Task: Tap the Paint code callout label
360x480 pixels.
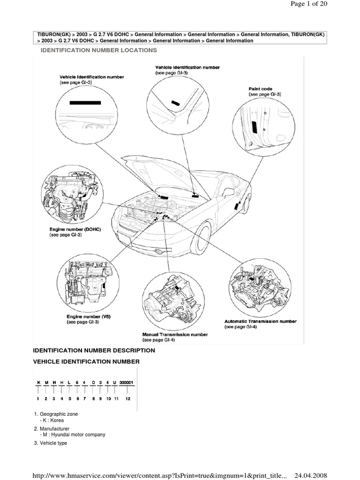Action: click(260, 89)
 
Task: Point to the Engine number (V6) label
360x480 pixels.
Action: click(88, 317)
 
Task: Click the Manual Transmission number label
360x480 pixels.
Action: click(175, 335)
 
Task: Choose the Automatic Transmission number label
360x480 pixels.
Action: click(260, 322)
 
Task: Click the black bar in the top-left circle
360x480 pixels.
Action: click(85, 102)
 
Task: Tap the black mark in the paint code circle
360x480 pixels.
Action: click(253, 127)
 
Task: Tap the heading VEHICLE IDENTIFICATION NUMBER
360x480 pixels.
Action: click(86, 361)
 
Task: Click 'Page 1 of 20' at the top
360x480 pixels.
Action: click(310, 4)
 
